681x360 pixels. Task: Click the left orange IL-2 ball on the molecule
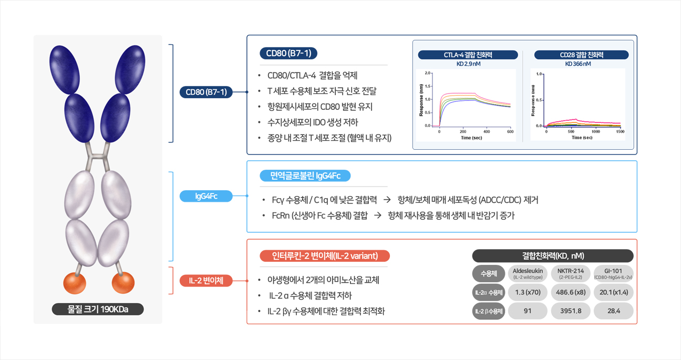[75, 283]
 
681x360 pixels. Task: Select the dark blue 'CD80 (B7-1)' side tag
[206, 92]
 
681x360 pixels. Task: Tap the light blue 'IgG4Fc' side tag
[206, 196]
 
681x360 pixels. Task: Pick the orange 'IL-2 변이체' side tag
[206, 281]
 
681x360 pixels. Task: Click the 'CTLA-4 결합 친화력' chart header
[468, 55]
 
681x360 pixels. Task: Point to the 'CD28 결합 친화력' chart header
[581, 55]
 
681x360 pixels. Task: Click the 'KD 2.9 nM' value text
[468, 64]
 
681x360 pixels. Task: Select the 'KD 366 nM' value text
[578, 64]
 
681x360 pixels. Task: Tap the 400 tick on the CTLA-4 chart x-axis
[487, 131]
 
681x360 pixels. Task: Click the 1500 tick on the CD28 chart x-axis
[620, 131]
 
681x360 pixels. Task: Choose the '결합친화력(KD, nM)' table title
[553, 256]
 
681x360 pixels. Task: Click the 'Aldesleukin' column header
[528, 273]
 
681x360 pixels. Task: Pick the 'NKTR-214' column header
[570, 273]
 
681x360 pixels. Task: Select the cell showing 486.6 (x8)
[570, 292]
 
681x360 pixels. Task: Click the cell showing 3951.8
[570, 311]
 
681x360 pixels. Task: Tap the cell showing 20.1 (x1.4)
[613, 292]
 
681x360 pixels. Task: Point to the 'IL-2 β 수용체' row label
[489, 311]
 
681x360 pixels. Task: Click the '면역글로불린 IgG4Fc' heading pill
[305, 176]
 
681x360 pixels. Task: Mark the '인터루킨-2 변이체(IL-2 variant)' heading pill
[325, 256]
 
